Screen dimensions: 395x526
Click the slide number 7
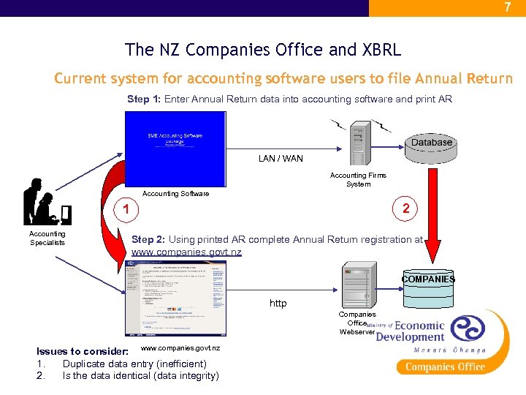[x=507, y=8]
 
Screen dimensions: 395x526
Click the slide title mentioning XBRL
[x=262, y=50]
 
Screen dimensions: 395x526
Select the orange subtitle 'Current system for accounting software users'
[x=283, y=78]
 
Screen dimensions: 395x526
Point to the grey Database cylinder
[x=432, y=146]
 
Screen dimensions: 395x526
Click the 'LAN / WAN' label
[x=281, y=159]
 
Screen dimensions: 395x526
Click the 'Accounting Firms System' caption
[x=358, y=179]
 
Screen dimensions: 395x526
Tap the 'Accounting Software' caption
[x=175, y=194]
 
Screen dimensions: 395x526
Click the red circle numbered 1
[x=126, y=210]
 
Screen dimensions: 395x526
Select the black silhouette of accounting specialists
[x=46, y=200]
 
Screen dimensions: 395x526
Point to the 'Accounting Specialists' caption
[x=47, y=238]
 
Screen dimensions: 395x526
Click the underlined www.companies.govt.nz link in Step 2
[x=186, y=252]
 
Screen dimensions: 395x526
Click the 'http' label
[x=278, y=303]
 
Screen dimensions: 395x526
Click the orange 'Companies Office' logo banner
[x=445, y=366]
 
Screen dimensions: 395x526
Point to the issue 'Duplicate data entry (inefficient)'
[x=134, y=364]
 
